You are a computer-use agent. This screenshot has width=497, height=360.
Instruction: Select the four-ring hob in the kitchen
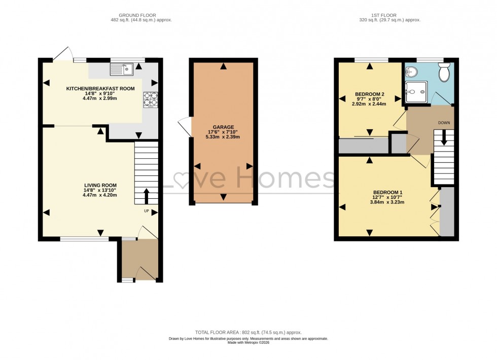tap(150, 99)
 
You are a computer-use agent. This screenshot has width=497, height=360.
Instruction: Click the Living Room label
tap(100, 185)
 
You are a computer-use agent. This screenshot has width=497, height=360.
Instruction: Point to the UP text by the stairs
tap(147, 211)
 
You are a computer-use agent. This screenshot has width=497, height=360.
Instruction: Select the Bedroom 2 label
tap(370, 94)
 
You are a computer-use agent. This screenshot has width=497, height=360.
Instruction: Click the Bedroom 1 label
tap(387, 192)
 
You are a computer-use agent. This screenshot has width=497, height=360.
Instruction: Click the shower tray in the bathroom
tap(416, 91)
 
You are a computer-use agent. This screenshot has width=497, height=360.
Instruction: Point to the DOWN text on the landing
tap(444, 123)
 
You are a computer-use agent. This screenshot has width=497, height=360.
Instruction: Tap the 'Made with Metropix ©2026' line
tap(248, 343)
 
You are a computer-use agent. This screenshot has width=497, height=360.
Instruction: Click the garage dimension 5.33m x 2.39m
tap(223, 137)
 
